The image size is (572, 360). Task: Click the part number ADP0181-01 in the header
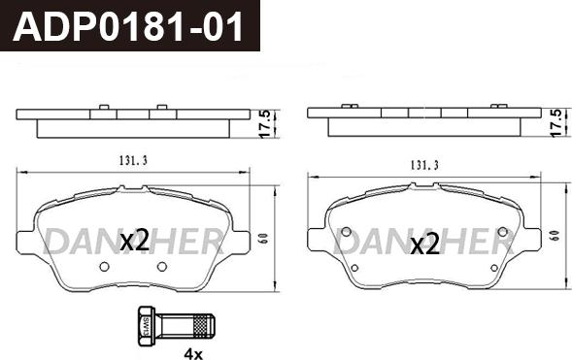[128, 26]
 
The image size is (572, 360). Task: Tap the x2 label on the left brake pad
[135, 241]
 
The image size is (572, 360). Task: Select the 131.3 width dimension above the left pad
[133, 161]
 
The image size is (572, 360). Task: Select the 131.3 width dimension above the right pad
[424, 165]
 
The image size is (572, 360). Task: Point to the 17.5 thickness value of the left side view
[266, 124]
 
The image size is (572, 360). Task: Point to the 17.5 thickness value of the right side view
[557, 123]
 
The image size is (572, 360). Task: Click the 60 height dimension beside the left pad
[264, 239]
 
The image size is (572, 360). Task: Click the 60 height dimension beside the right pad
[555, 236]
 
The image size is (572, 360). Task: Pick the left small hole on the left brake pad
[104, 267]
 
